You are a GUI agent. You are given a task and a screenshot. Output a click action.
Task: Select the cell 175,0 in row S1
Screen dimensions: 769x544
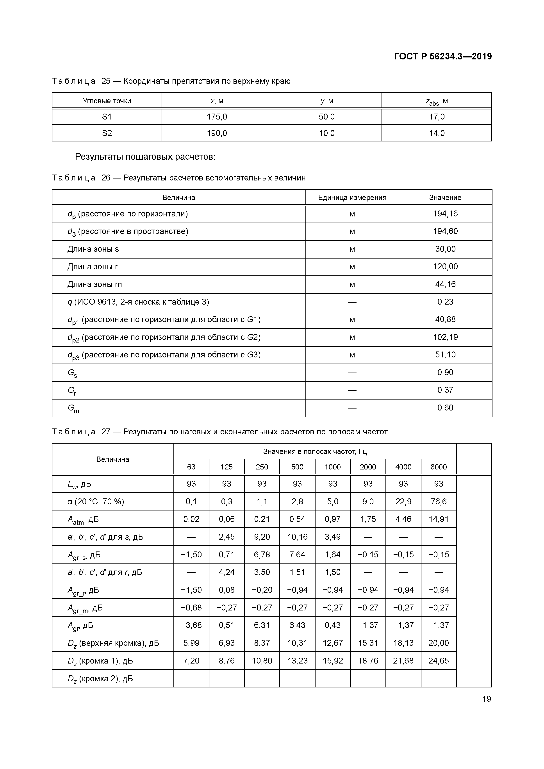[x=217, y=117]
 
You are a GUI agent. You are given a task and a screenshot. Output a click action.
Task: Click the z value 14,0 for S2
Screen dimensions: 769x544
[x=437, y=133]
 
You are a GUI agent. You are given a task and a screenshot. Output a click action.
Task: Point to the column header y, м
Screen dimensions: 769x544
[x=327, y=101]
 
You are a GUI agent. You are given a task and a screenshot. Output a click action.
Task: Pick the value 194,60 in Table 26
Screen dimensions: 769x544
[x=445, y=231]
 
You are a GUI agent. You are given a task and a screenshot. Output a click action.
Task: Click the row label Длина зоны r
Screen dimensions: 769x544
[x=93, y=267]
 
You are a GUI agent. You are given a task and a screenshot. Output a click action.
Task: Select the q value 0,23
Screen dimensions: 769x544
[x=445, y=302]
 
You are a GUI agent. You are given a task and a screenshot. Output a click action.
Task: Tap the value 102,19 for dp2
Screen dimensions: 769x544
[x=445, y=337]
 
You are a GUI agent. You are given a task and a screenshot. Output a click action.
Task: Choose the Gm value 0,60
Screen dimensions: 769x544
[x=445, y=408]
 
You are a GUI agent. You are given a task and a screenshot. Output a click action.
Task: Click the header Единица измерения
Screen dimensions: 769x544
[x=352, y=197]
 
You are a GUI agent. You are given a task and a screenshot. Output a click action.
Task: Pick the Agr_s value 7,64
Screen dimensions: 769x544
[x=297, y=554]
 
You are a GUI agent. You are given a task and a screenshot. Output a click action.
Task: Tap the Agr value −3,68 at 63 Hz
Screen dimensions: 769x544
[x=191, y=625]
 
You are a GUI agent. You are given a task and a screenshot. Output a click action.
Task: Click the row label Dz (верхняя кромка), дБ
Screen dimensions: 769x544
[x=113, y=643]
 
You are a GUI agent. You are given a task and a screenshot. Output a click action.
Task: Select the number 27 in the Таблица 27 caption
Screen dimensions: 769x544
[x=106, y=432]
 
